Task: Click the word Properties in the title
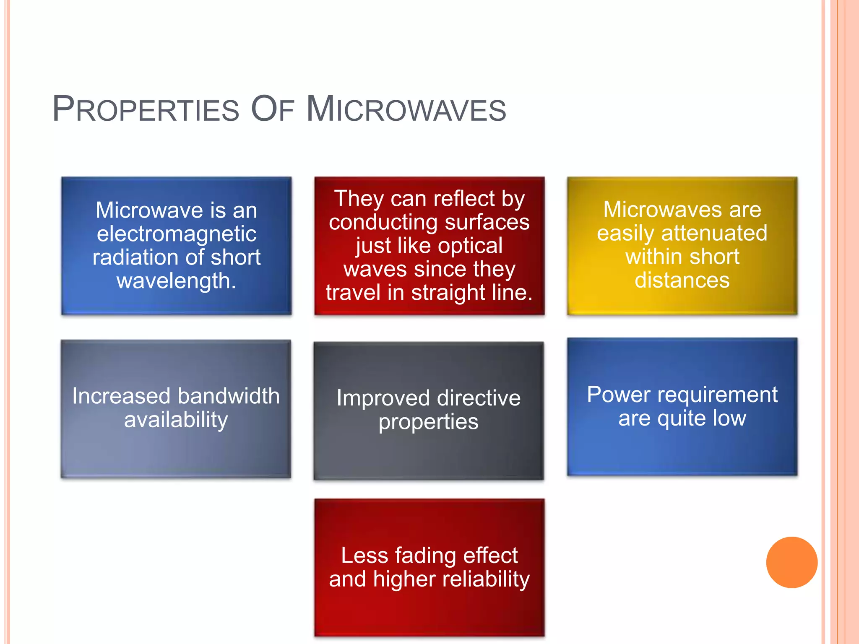click(146, 110)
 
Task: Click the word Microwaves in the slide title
click(406, 110)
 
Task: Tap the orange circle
click(791, 562)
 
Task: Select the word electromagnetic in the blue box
click(177, 234)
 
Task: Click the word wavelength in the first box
click(174, 281)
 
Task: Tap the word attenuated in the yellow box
click(714, 233)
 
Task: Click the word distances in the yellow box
click(682, 280)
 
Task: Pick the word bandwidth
click(228, 396)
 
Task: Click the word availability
click(176, 420)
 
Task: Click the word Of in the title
click(272, 110)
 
